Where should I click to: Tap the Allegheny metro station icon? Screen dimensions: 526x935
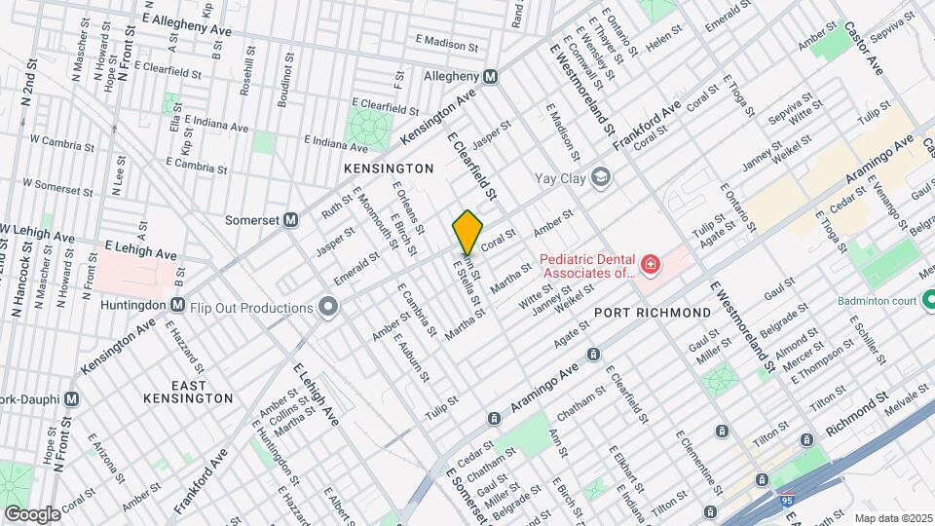(490, 76)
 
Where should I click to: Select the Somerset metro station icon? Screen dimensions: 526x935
(290, 220)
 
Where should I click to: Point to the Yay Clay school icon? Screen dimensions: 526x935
(602, 177)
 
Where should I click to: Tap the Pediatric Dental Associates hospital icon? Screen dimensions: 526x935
(650, 264)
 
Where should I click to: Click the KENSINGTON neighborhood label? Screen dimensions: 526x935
(389, 169)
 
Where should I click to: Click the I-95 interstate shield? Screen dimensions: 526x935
(786, 500)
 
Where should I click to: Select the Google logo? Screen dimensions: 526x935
(32, 513)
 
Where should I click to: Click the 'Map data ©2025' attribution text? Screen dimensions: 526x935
(892, 517)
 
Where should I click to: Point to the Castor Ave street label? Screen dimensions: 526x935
(862, 50)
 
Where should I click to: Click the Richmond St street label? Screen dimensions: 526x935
(857, 413)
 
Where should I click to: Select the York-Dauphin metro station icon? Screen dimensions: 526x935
(70, 398)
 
